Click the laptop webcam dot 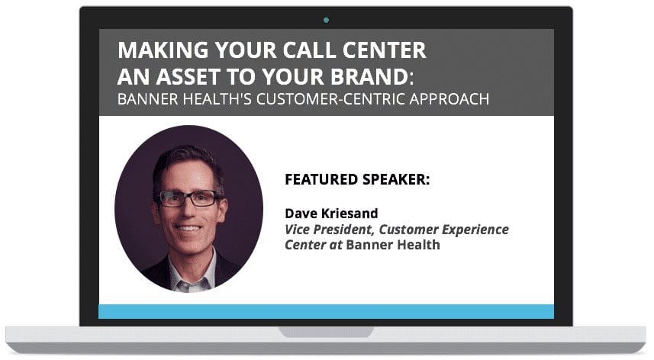tap(327, 20)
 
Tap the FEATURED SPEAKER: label tap(356, 180)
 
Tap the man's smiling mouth tap(188, 227)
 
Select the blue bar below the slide tap(326, 311)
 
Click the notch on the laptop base tap(326, 333)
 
